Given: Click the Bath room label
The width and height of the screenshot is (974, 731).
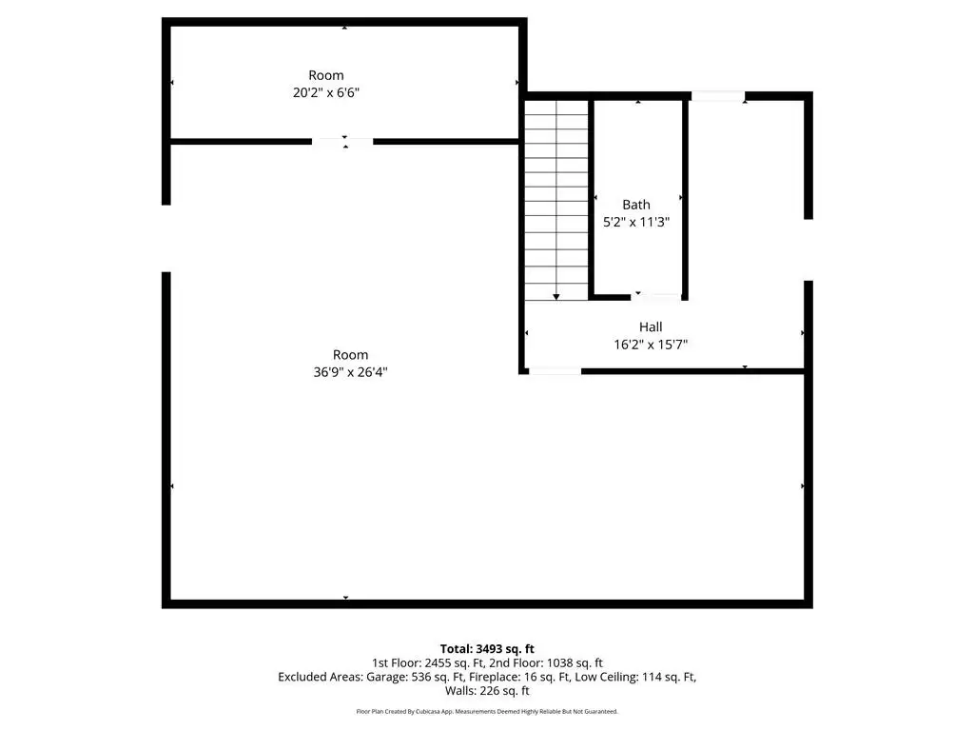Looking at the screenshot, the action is click(636, 205).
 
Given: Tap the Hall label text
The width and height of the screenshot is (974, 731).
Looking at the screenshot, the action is click(651, 327).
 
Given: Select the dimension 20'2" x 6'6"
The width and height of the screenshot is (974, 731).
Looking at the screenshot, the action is click(326, 92).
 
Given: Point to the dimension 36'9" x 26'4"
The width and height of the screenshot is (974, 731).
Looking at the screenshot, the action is click(350, 372).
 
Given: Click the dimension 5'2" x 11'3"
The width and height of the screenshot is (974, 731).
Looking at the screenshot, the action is click(636, 222).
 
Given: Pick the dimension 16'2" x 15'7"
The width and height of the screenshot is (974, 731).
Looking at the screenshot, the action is click(651, 345).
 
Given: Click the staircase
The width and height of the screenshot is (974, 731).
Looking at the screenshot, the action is click(555, 200).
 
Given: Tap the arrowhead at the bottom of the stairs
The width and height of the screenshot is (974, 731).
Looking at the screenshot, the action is click(555, 297).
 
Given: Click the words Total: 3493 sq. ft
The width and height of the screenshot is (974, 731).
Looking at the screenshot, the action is click(487, 649).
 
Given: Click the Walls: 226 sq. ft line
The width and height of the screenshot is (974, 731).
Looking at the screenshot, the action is click(487, 691).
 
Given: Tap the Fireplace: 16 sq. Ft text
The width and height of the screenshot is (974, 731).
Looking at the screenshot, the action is click(519, 677).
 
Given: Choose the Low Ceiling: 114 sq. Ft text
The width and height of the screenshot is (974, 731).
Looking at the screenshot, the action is click(634, 677).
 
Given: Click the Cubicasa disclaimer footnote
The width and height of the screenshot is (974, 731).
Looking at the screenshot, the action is click(487, 711).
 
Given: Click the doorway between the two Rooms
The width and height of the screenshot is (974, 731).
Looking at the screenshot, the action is click(342, 142).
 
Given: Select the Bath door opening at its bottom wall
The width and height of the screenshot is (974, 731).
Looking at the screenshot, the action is click(656, 297).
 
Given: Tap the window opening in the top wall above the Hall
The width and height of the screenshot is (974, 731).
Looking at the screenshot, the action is click(718, 96).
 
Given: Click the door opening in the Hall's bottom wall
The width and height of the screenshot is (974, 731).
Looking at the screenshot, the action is click(555, 371).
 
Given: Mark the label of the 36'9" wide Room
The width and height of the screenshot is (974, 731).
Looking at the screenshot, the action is click(350, 355).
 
